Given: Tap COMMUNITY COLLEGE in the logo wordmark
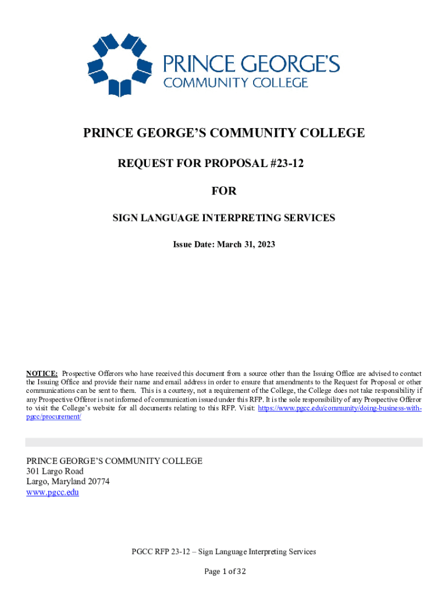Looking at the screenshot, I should click(236, 83).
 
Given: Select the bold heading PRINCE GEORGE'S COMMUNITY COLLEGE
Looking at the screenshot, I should click(224, 133).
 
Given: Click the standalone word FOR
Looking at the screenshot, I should click(224, 191).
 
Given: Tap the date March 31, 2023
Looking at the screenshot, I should click(246, 245).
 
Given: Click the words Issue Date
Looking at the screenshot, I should click(193, 245).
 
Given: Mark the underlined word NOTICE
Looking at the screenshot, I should click(41, 373).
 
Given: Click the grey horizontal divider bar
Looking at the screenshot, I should click(224, 442).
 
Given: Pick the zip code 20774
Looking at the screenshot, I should click(97, 481).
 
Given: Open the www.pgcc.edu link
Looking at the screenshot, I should click(52, 492).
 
